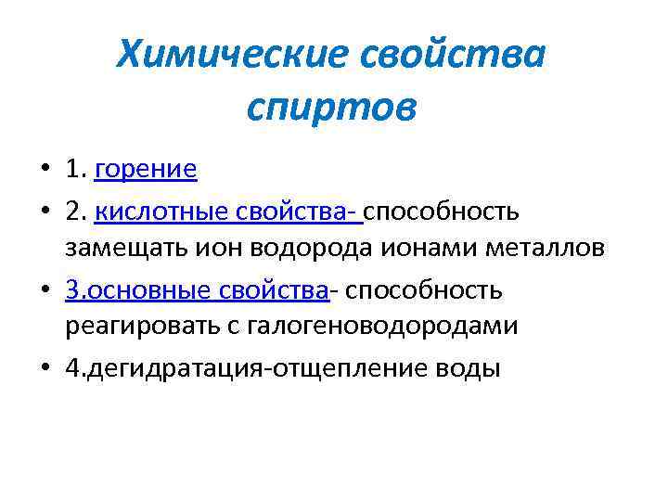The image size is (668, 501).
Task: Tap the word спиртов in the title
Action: click(332, 108)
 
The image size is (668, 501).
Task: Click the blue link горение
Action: click(146, 170)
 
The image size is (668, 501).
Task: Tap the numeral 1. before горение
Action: click(75, 170)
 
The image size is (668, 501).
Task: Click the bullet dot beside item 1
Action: click(45, 171)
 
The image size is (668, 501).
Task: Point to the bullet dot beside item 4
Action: click(45, 369)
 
